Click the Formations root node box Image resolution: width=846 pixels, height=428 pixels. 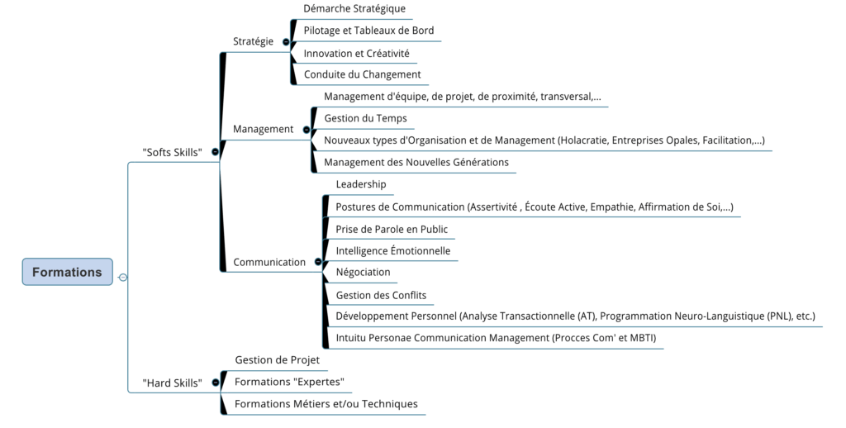coord(67,272)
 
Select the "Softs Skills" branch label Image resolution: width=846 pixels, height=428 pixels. coord(173,152)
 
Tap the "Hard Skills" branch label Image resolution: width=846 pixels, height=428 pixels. coord(172,383)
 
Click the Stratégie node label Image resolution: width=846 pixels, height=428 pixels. coord(253,41)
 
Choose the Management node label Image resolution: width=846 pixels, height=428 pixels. coord(263,129)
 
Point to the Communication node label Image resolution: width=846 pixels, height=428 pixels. coord(269,262)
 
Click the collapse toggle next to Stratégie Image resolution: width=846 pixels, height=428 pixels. coord(286,41)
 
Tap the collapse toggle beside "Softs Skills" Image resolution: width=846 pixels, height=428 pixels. coord(215,152)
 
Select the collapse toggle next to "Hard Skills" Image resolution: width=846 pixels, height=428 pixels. coord(214,383)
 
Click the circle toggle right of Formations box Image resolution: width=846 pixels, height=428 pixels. coord(123,278)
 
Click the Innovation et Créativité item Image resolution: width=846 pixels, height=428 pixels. coord(356,53)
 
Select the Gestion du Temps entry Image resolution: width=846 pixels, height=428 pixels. coord(365,118)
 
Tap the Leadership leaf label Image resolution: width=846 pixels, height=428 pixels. coord(360,184)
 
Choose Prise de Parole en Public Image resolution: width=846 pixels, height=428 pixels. coord(392,229)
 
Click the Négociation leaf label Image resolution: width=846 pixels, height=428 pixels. coord(363,272)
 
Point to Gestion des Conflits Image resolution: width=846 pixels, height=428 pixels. coord(381,295)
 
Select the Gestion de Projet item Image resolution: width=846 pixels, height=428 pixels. coord(277,360)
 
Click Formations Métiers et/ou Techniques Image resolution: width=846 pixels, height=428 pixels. coord(326,404)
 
